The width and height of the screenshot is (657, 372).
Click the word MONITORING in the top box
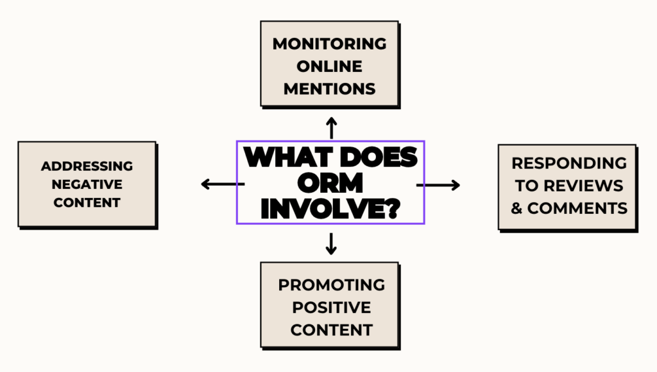click(x=329, y=44)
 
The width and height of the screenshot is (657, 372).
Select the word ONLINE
click(x=329, y=66)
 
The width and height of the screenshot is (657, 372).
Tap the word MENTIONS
click(x=329, y=89)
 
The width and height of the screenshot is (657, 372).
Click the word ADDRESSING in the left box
click(x=87, y=166)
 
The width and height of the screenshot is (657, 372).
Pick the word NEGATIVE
click(x=87, y=184)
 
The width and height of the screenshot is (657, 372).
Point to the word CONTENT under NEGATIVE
click(x=87, y=202)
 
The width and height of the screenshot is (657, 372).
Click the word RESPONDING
click(x=569, y=163)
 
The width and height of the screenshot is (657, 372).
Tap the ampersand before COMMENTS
click(x=516, y=208)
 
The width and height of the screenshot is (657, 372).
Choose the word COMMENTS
click(x=577, y=208)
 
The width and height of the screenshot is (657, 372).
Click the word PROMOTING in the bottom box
click(x=332, y=285)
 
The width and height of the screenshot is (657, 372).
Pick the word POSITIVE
click(x=332, y=307)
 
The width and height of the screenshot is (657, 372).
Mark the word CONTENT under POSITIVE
click(x=332, y=330)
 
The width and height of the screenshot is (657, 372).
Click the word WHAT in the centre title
click(x=288, y=157)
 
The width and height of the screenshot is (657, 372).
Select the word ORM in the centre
click(x=330, y=183)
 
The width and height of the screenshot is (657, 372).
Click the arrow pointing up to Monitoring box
click(x=332, y=128)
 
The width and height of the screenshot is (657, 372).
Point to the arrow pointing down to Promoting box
click(x=332, y=244)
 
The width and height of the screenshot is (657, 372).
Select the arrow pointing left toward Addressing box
click(x=223, y=184)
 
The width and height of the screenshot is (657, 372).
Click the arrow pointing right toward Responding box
click(x=438, y=185)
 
